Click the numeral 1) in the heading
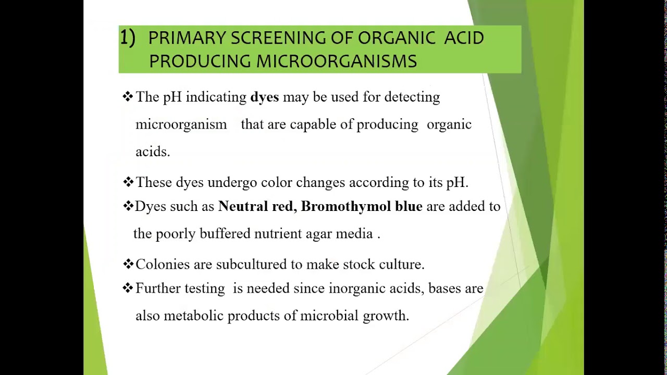click(128, 37)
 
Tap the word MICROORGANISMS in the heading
click(336, 61)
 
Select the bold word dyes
click(264, 97)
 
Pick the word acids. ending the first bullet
click(153, 152)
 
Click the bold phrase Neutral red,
click(257, 206)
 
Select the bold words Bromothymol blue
click(362, 206)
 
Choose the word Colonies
click(163, 265)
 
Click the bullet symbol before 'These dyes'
click(128, 182)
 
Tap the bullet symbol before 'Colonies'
click(128, 264)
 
